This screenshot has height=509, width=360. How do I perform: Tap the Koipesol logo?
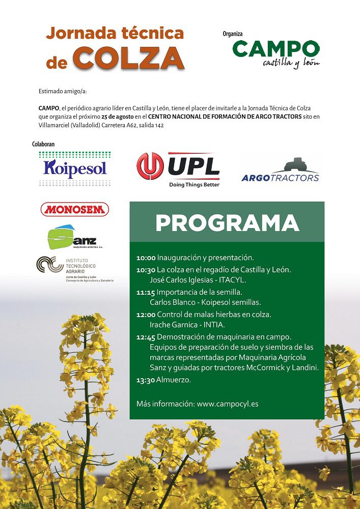click(x=75, y=168)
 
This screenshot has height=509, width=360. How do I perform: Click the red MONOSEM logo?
click(x=75, y=209)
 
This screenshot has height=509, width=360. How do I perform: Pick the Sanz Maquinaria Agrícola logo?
click(x=72, y=238)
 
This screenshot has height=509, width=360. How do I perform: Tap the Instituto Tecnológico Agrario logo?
click(x=74, y=268)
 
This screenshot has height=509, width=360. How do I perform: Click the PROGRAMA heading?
click(x=227, y=223)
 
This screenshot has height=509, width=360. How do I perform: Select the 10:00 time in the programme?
click(x=146, y=258)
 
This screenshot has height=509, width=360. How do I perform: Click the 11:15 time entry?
click(x=146, y=292)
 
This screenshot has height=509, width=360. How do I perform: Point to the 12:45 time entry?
click(x=146, y=337)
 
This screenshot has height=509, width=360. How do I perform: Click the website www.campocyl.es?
click(x=227, y=404)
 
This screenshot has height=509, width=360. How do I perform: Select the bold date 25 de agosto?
click(x=118, y=117)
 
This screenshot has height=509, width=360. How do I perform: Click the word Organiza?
click(x=233, y=34)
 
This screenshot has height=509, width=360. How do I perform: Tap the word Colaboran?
click(x=43, y=145)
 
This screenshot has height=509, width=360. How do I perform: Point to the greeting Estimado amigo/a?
click(x=63, y=91)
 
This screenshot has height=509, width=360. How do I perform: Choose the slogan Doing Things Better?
click(x=194, y=185)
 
